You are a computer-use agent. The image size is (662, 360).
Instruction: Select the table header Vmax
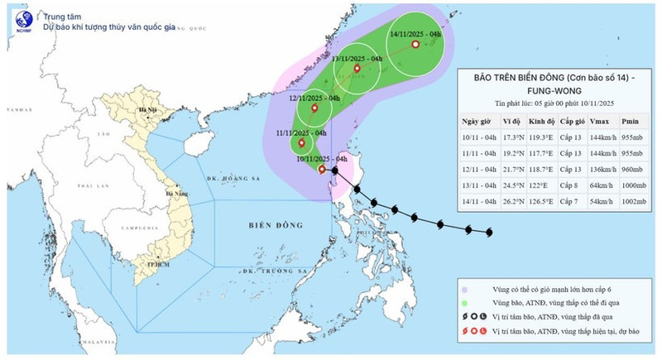tap(598, 119)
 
